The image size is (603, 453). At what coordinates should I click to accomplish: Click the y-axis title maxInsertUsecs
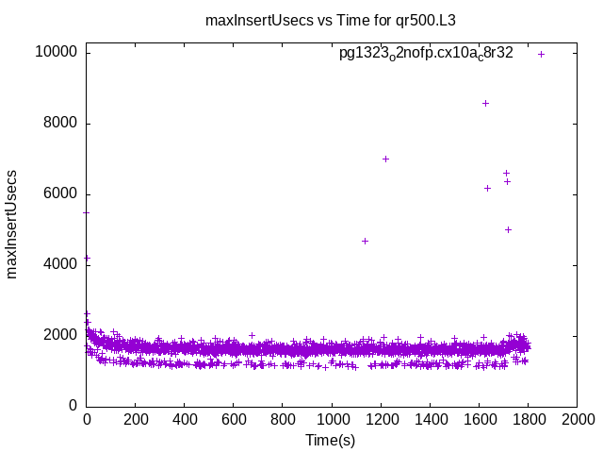pyautogui.click(x=12, y=225)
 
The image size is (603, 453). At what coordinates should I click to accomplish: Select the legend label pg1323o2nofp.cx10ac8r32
pyautogui.click(x=426, y=54)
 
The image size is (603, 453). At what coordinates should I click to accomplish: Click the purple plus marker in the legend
pyautogui.click(x=541, y=54)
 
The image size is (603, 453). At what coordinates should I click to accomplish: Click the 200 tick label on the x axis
pyautogui.click(x=136, y=421)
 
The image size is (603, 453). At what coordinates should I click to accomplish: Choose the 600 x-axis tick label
pyautogui.click(x=234, y=421)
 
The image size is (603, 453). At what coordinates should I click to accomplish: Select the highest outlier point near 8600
pyautogui.click(x=485, y=103)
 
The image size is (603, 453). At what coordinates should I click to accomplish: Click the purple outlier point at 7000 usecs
pyautogui.click(x=385, y=159)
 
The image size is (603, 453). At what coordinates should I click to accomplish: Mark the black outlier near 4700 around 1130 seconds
pyautogui.click(x=365, y=241)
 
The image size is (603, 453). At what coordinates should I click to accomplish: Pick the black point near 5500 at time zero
pyautogui.click(x=87, y=212)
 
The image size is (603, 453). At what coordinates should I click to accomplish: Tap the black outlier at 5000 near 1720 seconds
pyautogui.click(x=508, y=229)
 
